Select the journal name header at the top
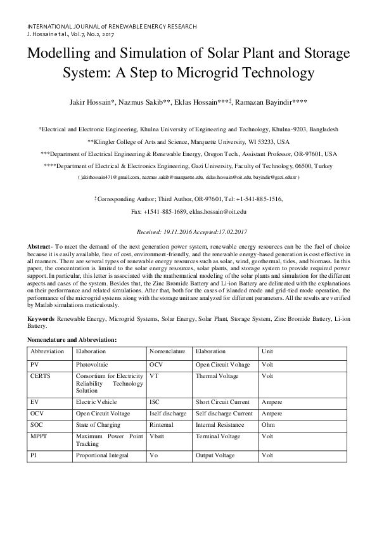[x=112, y=27]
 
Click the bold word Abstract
[x=39, y=246]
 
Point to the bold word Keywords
[x=40, y=320]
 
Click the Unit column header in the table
[x=268, y=351]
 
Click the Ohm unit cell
[x=269, y=425]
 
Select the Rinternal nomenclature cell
[x=162, y=425]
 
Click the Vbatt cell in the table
[x=157, y=437]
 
